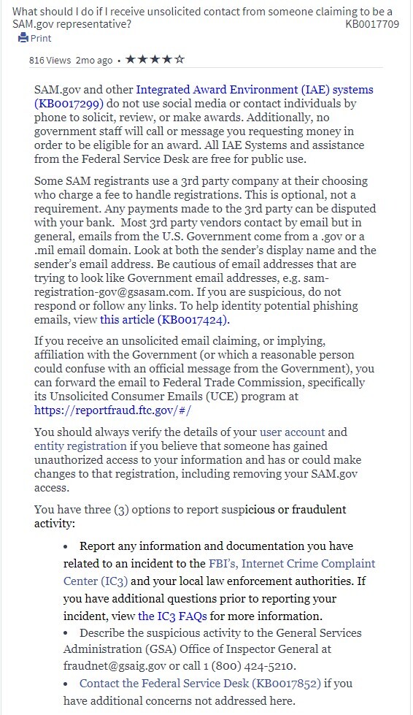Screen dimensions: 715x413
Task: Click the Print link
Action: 41,38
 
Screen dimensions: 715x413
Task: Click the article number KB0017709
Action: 372,24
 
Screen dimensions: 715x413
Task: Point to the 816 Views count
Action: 50,60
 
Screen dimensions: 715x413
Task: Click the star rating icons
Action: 155,59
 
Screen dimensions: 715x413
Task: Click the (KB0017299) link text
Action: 69,104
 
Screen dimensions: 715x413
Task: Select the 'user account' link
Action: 292,432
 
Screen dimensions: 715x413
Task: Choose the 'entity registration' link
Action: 80,446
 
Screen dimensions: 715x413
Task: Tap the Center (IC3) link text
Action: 96,581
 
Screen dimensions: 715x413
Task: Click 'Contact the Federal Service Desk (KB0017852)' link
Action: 199,684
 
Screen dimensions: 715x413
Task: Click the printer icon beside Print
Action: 23,38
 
